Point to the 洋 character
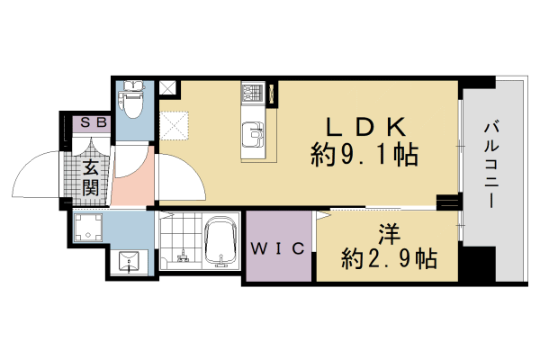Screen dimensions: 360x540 point(388,233)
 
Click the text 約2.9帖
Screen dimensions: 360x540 point(389,260)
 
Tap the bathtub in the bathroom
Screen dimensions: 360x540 point(220,243)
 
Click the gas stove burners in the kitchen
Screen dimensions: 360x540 point(250,93)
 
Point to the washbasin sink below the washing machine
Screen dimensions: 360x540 point(129,262)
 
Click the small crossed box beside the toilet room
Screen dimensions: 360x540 point(168,87)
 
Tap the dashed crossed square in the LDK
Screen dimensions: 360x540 point(175,123)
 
